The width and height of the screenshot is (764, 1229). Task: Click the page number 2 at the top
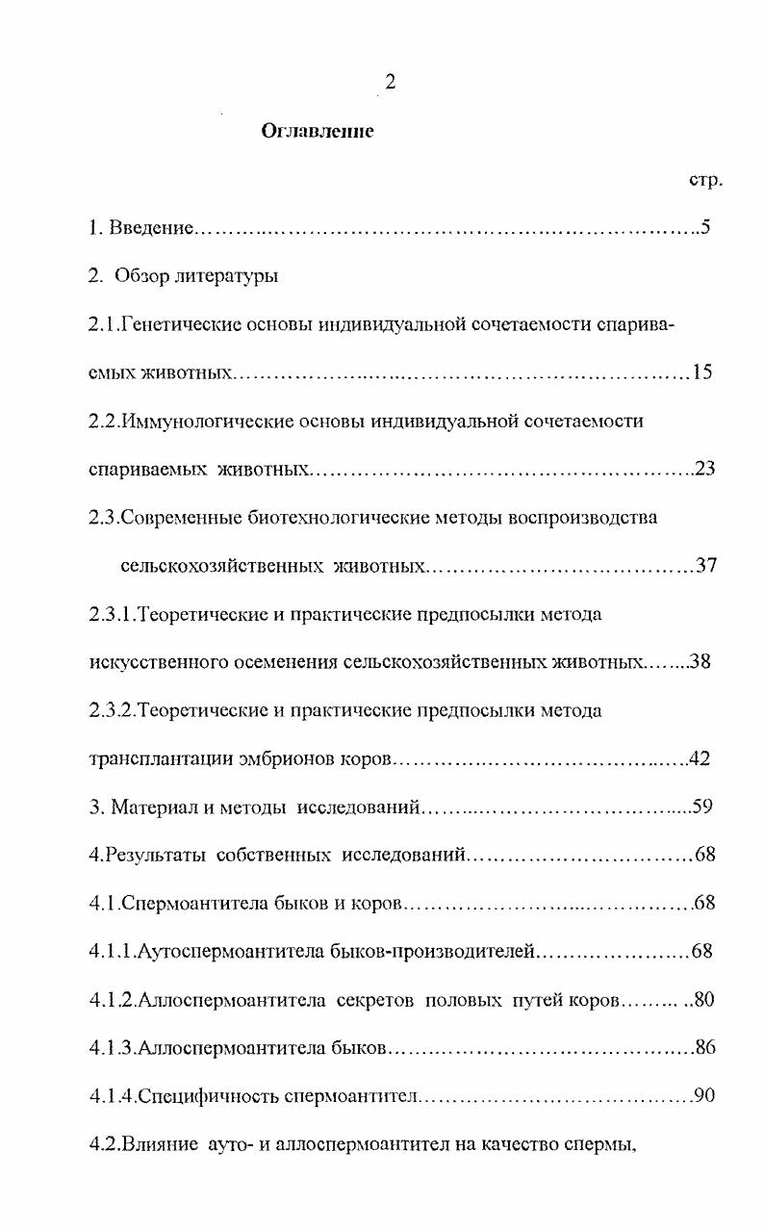coord(391,84)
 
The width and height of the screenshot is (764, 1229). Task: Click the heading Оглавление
coord(318,132)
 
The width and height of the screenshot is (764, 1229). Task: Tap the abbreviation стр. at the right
coord(706,180)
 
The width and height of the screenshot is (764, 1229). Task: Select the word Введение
coord(152,228)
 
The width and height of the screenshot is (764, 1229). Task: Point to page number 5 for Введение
coord(705,228)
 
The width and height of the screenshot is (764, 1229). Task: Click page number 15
coord(701,372)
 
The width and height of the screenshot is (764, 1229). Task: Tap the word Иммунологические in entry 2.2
coord(197,421)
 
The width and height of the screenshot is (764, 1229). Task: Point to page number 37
coord(707,565)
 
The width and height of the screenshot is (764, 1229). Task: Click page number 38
coord(700,662)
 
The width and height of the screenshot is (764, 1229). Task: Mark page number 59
coord(701,807)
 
